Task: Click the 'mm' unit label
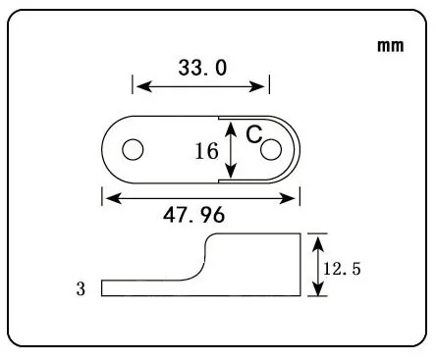tap(390, 46)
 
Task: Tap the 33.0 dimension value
tap(202, 68)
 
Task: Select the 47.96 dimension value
tap(194, 215)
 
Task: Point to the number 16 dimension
tap(206, 151)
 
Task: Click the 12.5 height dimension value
tap(342, 269)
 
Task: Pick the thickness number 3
tap(81, 289)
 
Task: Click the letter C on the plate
tap(254, 134)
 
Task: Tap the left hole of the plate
tap(133, 150)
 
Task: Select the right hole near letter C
tap(271, 150)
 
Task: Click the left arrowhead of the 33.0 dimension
tap(143, 87)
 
